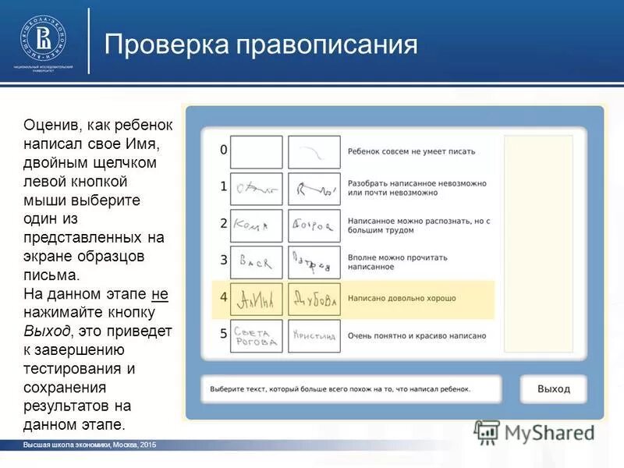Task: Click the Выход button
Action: click(x=553, y=388)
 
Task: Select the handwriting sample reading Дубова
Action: click(x=314, y=299)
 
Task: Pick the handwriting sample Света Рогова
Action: click(x=256, y=335)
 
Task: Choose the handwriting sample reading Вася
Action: click(x=256, y=263)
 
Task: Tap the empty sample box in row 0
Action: click(x=256, y=151)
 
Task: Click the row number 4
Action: click(x=223, y=297)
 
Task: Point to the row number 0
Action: click(x=223, y=150)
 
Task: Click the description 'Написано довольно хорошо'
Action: click(x=402, y=299)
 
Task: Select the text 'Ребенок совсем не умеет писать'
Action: click(x=411, y=151)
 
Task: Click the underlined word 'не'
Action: click(x=159, y=294)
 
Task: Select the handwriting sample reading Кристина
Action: click(x=314, y=335)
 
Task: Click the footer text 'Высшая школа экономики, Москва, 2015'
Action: click(x=90, y=444)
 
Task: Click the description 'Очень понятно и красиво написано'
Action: click(x=417, y=335)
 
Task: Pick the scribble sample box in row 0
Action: click(x=314, y=151)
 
